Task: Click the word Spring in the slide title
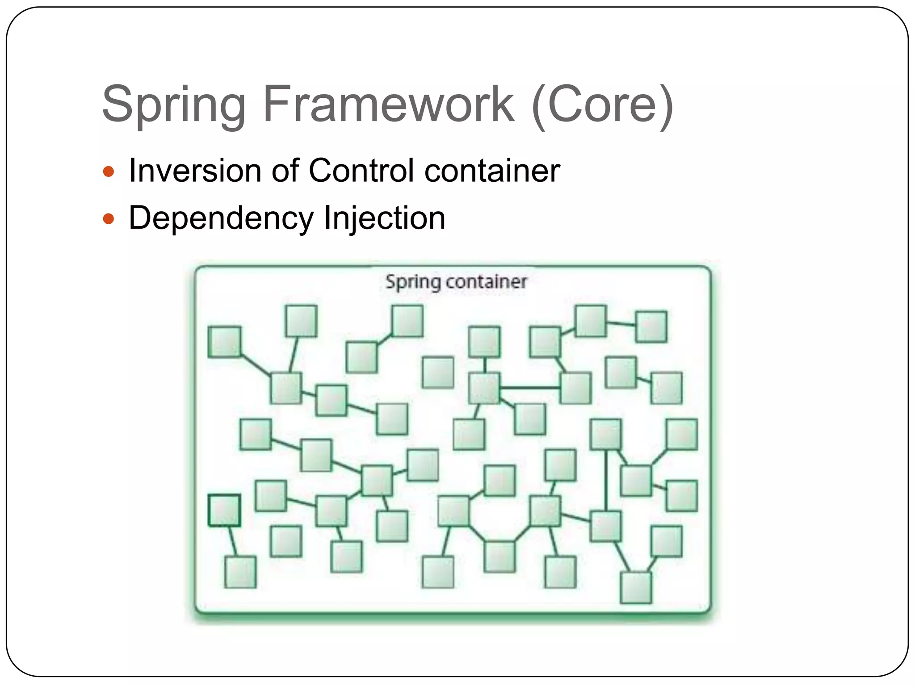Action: (x=174, y=105)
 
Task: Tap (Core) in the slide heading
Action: (x=602, y=105)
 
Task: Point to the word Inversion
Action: (x=195, y=171)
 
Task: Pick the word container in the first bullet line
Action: (x=492, y=171)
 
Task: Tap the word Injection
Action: (x=384, y=218)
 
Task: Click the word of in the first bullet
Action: (x=285, y=171)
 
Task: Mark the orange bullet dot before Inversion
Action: (x=109, y=171)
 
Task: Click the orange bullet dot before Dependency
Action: (x=109, y=219)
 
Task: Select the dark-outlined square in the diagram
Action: (x=224, y=510)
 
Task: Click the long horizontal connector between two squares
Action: (x=530, y=388)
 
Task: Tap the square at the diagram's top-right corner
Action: (x=651, y=327)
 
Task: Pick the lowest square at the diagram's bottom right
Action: (x=636, y=588)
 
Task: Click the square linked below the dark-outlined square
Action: (x=240, y=572)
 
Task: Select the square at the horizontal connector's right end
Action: (x=575, y=388)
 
